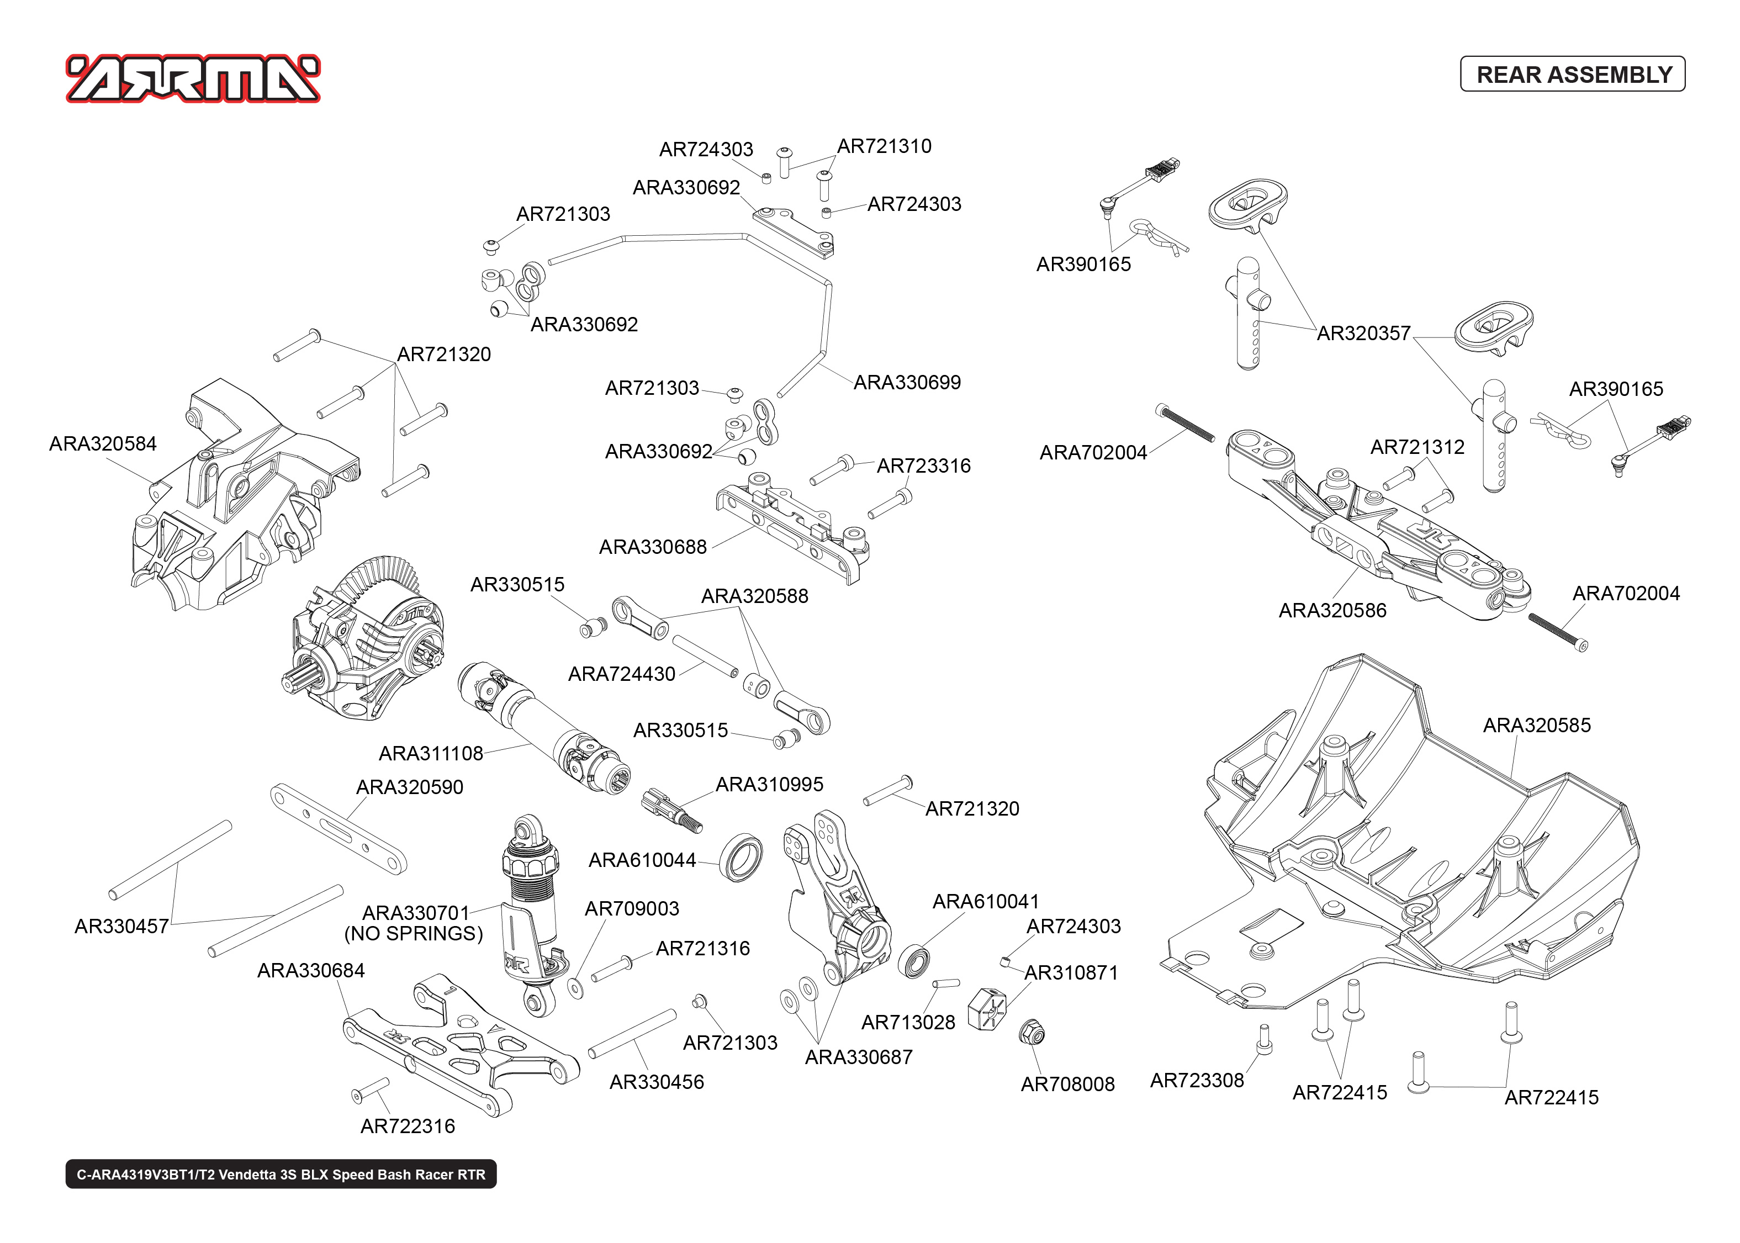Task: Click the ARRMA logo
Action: click(x=193, y=79)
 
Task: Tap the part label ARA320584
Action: click(x=103, y=443)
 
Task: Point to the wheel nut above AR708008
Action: click(x=1032, y=1033)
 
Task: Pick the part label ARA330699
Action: click(x=907, y=382)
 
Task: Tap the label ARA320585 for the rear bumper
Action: click(x=1536, y=725)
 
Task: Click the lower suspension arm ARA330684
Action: click(x=459, y=1045)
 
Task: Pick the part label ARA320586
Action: click(x=1332, y=610)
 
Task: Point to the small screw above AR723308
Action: click(x=1264, y=1039)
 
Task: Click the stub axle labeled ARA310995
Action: click(x=670, y=810)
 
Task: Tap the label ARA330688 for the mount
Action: click(x=653, y=547)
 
